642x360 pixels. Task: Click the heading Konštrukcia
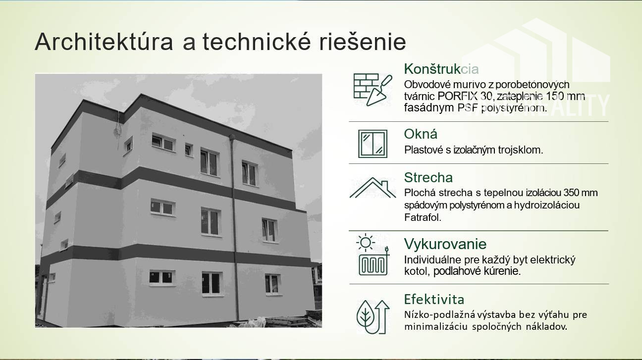click(441, 69)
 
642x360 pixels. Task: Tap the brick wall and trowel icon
click(373, 90)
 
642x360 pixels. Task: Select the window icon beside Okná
click(373, 144)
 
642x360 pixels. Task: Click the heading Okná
click(421, 134)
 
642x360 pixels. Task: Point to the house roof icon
click(373, 188)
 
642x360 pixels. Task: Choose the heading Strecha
click(428, 178)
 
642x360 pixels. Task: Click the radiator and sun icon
click(373, 255)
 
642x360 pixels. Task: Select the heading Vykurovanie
click(445, 244)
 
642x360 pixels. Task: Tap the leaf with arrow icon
click(373, 317)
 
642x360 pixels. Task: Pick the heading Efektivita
click(434, 300)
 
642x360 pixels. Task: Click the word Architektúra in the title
click(104, 42)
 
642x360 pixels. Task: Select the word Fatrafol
click(423, 217)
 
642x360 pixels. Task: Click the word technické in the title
click(257, 42)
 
